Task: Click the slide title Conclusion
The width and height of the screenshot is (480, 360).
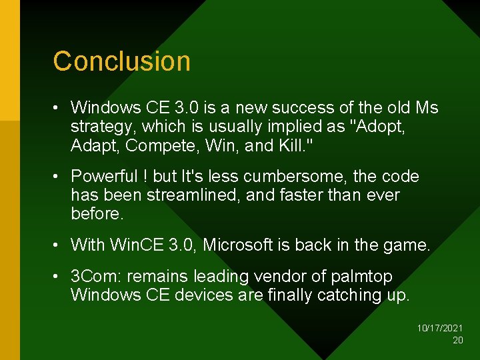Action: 122,61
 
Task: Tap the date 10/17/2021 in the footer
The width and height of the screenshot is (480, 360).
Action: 440,329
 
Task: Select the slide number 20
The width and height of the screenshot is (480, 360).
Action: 457,340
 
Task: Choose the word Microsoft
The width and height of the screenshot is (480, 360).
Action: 243,245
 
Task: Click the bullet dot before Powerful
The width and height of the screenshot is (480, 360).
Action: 59,177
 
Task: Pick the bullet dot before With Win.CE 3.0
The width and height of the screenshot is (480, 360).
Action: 59,245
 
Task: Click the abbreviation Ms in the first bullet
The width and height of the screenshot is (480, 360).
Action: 427,107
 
